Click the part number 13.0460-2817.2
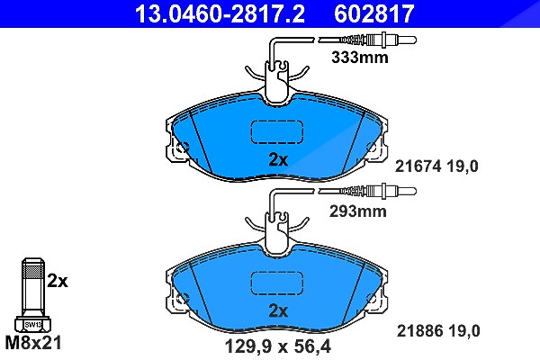[220, 13]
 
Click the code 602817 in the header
[373, 13]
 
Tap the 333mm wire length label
[359, 58]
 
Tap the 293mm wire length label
[358, 211]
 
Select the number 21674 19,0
[436, 166]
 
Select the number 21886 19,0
[438, 331]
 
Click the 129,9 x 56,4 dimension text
[277, 346]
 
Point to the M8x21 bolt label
[33, 343]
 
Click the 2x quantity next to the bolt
[58, 282]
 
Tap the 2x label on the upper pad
[278, 159]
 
